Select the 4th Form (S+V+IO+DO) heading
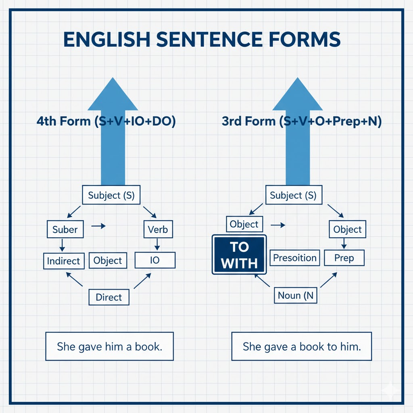[106, 121]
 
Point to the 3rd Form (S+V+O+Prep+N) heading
[302, 121]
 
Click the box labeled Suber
[65, 229]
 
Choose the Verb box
[158, 230]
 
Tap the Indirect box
[63, 261]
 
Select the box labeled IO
[155, 260]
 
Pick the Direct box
[108, 297]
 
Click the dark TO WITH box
[239, 255]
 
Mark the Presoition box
[294, 258]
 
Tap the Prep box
[344, 258]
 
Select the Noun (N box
[295, 296]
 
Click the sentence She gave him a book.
[109, 346]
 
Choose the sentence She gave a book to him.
[301, 346]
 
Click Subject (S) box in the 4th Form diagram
[111, 196]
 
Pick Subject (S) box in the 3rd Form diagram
[293, 196]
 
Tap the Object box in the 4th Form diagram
[108, 261]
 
